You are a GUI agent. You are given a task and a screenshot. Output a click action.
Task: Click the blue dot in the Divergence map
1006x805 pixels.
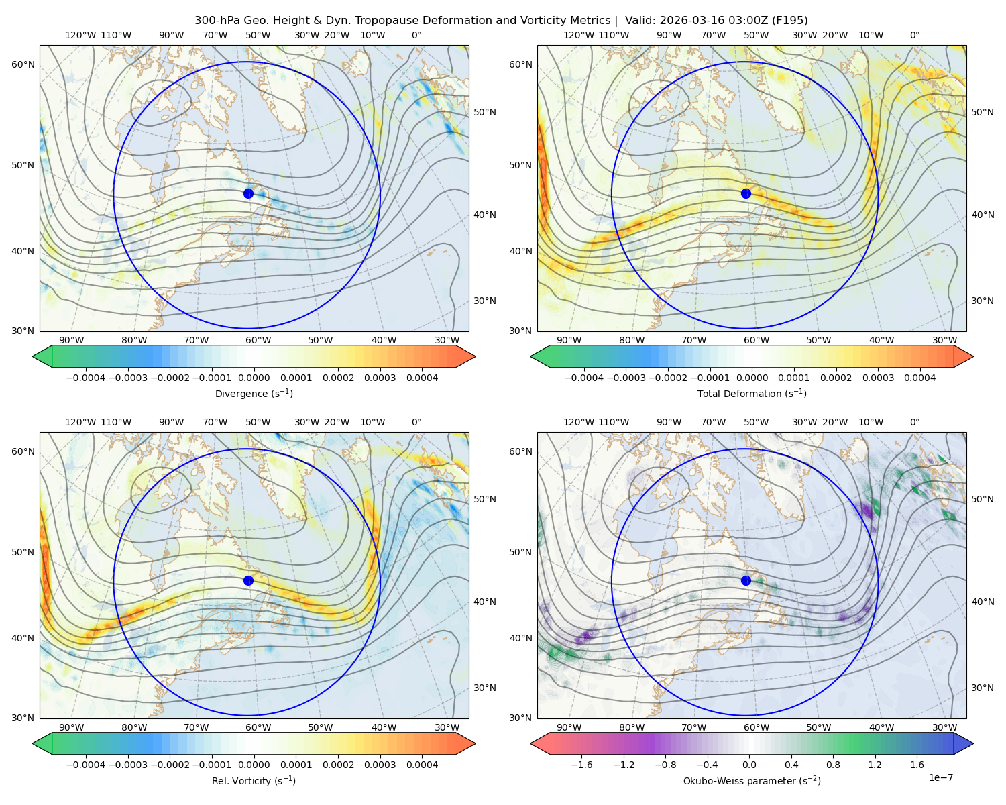point(248,193)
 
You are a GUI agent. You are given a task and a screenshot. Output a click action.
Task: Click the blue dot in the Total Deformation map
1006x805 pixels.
point(746,193)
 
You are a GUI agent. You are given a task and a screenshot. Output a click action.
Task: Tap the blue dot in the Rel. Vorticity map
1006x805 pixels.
point(248,580)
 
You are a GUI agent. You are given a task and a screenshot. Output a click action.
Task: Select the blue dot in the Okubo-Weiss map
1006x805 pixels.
point(746,580)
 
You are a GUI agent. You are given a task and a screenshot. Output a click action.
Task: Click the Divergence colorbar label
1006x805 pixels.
point(254,393)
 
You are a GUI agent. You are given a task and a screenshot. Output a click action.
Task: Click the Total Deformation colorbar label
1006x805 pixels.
point(752,393)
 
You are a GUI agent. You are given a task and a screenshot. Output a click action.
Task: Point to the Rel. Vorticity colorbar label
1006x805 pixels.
point(254,780)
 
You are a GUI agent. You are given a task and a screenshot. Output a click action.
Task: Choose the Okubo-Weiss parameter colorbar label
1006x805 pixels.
point(752,780)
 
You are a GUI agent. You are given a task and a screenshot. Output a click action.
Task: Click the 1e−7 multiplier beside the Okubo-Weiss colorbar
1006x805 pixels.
point(940,777)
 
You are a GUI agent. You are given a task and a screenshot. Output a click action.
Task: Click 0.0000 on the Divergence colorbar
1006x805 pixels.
point(254,378)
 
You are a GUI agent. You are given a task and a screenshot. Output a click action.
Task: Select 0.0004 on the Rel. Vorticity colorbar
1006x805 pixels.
point(422,764)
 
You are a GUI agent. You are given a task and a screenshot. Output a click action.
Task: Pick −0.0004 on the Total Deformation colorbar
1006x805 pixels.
point(584,378)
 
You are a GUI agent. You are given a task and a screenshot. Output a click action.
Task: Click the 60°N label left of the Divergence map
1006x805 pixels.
point(23,64)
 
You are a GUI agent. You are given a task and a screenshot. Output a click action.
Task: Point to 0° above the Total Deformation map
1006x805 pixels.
point(914,35)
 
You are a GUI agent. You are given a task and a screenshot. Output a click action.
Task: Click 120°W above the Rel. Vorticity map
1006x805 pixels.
point(80,422)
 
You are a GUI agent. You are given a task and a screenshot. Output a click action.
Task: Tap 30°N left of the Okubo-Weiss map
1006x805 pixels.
point(520,718)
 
